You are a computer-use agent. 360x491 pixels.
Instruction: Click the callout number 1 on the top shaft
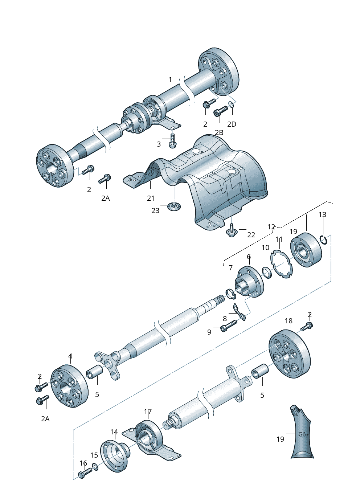pyautogui.click(x=170, y=79)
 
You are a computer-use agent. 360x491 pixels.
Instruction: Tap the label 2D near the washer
pyautogui.click(x=232, y=124)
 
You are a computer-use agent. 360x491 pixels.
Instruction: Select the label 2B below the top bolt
pyautogui.click(x=219, y=132)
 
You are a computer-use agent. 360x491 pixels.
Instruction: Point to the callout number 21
pyautogui.click(x=151, y=198)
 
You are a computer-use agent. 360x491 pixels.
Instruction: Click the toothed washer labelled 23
pyautogui.click(x=174, y=207)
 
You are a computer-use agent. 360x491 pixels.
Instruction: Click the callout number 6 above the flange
pyautogui.click(x=249, y=257)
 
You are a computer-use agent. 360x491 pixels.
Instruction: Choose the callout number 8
pyautogui.click(x=225, y=319)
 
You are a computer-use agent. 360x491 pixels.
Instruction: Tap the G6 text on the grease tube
pyautogui.click(x=302, y=434)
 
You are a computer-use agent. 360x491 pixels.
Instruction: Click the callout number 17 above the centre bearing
pyautogui.click(x=148, y=412)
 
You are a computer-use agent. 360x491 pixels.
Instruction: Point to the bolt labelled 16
pyautogui.click(x=85, y=473)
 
